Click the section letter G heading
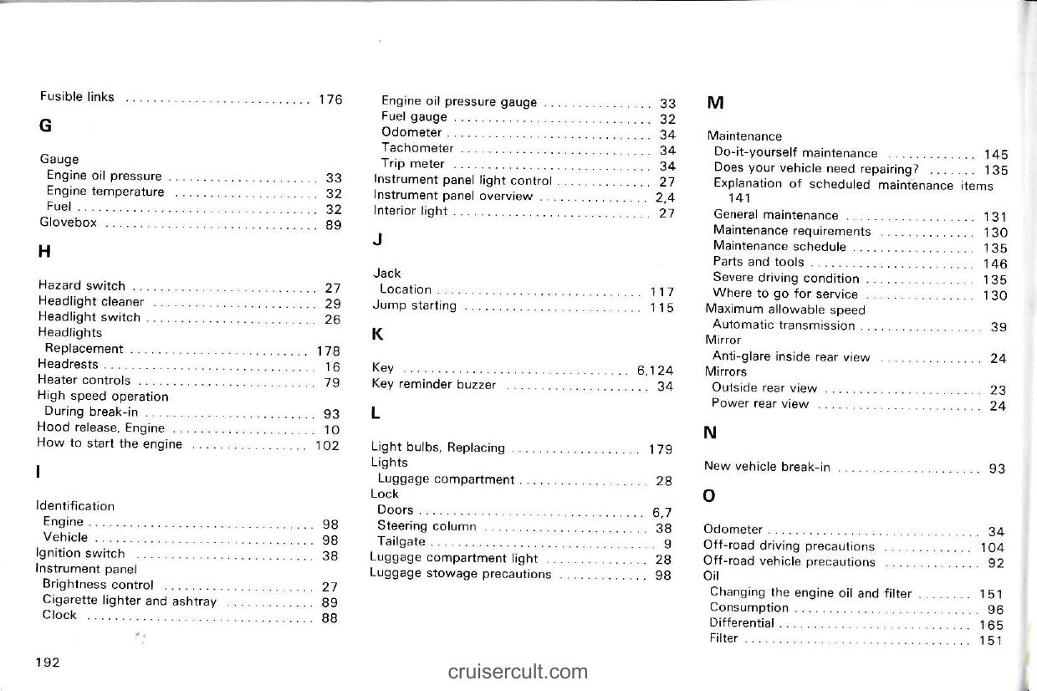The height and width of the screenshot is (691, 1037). tap(45, 126)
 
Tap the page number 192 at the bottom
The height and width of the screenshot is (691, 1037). tap(47, 663)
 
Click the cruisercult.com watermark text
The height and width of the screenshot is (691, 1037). tap(518, 672)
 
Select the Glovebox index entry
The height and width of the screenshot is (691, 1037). tap(69, 223)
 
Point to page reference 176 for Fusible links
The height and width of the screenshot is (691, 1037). tap(330, 99)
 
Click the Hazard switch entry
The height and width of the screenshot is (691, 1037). tap(82, 286)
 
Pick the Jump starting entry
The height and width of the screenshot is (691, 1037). tap(414, 306)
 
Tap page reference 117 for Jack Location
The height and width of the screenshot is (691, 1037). tap(662, 292)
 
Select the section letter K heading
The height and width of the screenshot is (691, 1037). tap(377, 335)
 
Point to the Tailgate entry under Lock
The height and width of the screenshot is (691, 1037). tap(401, 542)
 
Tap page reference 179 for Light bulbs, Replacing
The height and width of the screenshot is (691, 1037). tap(661, 449)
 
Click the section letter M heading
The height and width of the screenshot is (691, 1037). tap(715, 104)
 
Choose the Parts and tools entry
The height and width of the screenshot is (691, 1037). tap(759, 263)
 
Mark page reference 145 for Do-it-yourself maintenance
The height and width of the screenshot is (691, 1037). tap(996, 155)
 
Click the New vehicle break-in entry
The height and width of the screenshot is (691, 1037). tap(767, 468)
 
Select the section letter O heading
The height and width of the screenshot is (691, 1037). tap(709, 496)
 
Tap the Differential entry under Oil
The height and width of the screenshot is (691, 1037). tap(742, 623)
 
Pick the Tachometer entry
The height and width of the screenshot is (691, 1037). tap(417, 149)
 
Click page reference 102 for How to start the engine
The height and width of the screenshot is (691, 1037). tap(327, 445)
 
